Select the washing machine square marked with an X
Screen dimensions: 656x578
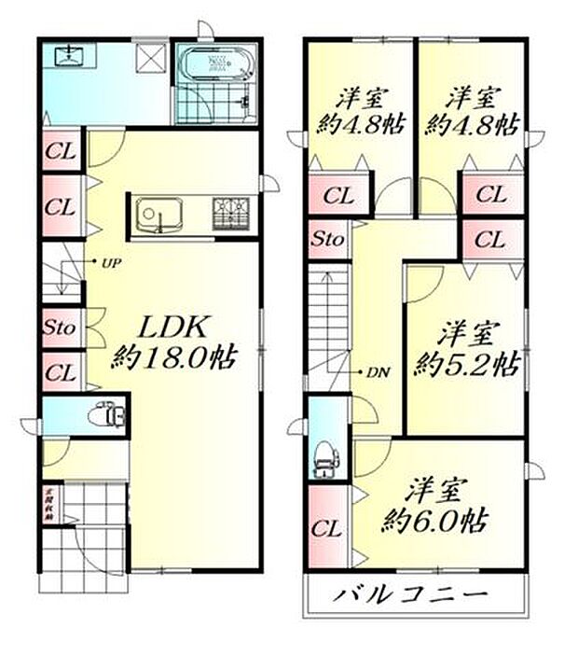(150, 58)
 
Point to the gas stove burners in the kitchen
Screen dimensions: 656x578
(229, 214)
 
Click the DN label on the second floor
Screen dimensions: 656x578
(377, 371)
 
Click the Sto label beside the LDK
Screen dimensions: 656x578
(60, 328)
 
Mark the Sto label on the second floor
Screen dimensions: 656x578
(328, 240)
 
